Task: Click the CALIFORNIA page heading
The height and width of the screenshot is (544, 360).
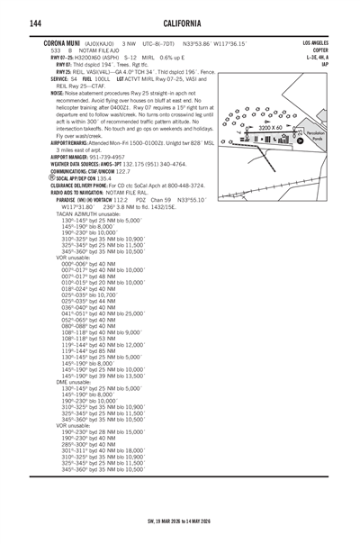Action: (x=180, y=22)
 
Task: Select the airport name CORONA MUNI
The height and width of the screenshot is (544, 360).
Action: (x=62, y=42)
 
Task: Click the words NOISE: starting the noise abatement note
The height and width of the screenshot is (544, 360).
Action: (x=58, y=93)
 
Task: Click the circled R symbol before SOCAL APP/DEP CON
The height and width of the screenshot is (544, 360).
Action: (x=53, y=178)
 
